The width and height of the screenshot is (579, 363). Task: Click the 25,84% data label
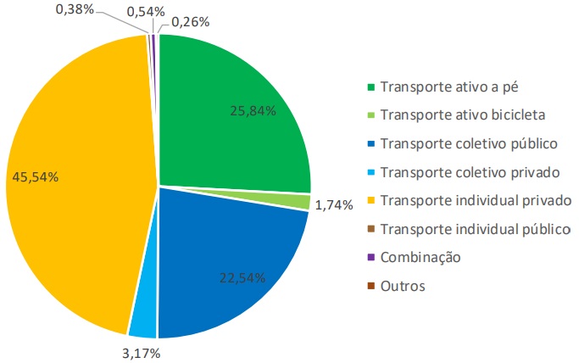click(x=253, y=110)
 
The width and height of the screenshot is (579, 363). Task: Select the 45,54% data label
click(x=36, y=177)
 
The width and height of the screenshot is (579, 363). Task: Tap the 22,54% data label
click(x=242, y=277)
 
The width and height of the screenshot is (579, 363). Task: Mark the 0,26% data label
click(x=192, y=22)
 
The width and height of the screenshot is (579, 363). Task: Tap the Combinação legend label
click(x=420, y=257)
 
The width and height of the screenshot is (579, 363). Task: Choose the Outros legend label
click(x=404, y=286)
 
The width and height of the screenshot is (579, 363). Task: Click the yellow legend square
click(x=370, y=200)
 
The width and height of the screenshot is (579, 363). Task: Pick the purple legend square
click(x=370, y=257)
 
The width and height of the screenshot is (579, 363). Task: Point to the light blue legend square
click(x=370, y=172)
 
